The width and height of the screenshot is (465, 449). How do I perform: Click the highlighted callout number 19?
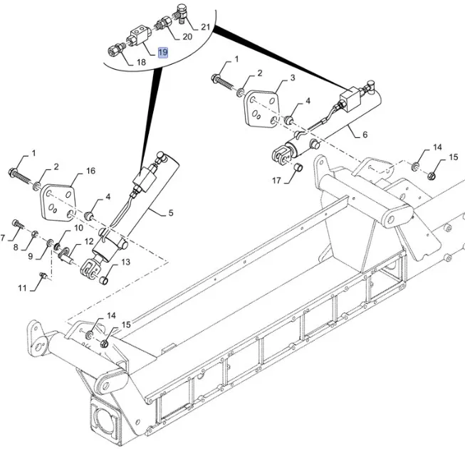click(x=162, y=53)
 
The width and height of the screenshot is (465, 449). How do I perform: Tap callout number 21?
click(x=206, y=27)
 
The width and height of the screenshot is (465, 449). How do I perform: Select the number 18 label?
click(x=140, y=63)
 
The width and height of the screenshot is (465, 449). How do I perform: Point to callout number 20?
click(x=187, y=36)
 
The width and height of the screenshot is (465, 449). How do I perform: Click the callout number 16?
click(x=90, y=171)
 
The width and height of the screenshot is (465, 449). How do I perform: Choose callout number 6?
click(x=365, y=134)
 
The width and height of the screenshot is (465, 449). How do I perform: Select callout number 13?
click(x=125, y=262)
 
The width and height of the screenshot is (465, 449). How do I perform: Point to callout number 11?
click(x=22, y=287)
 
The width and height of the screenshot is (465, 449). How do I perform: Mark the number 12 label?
click(x=89, y=242)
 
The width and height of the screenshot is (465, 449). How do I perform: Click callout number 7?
click(x=4, y=236)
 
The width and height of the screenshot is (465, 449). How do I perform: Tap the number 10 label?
click(x=78, y=228)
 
